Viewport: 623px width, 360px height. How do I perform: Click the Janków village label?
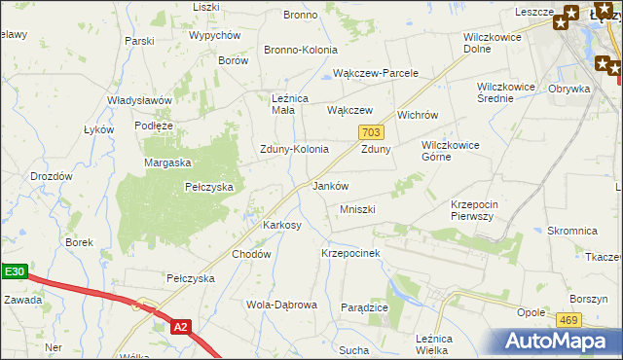(x=330, y=186)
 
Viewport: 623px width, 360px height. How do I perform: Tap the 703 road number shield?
(x=370, y=131)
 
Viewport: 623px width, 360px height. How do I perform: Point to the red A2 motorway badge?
(x=180, y=328)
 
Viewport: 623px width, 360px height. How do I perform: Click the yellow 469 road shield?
(x=569, y=319)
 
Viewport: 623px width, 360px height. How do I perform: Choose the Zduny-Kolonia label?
(x=293, y=150)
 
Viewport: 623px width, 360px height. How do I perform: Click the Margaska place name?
(x=167, y=162)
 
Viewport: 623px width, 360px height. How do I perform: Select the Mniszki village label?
(x=357, y=209)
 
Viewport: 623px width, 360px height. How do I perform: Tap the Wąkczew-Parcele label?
(x=376, y=73)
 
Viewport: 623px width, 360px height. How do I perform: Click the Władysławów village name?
(x=139, y=100)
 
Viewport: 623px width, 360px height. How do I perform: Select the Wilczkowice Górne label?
(x=450, y=151)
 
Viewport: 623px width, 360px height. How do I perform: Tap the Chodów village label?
(x=250, y=254)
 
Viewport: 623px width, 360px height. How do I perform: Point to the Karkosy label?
(x=282, y=225)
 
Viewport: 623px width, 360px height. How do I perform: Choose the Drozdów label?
(x=52, y=176)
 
